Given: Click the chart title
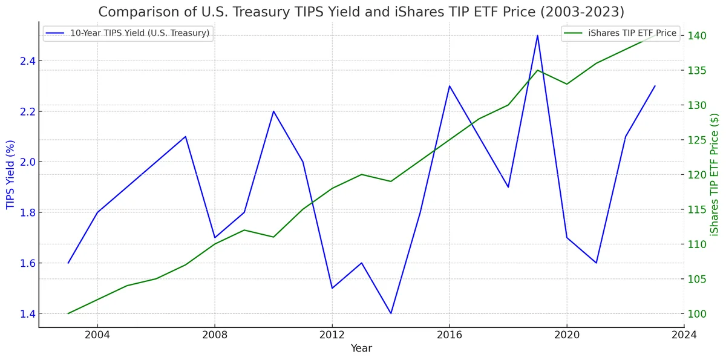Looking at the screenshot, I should click(361, 11).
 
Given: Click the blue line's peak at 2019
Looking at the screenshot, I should click(537, 35).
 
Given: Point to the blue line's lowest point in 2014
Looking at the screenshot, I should click(391, 313).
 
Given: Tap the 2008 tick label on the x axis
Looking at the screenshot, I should click(215, 335).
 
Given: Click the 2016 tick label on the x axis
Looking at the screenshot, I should click(450, 335).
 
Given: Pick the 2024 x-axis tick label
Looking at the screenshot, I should click(684, 335).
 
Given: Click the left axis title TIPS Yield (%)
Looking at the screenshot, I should click(10, 174).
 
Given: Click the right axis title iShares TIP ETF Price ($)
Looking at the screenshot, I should click(716, 174).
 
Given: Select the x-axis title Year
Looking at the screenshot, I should click(361, 349).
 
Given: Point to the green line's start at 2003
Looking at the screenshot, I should click(68, 313).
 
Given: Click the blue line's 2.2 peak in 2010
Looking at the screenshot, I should click(273, 111).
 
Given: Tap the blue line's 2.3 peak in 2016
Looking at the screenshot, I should click(450, 86).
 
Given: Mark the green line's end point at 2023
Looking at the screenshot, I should click(655, 36).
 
